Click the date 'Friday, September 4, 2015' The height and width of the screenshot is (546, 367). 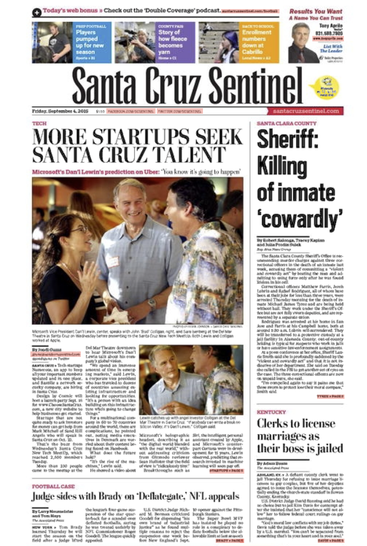(x=61, y=111)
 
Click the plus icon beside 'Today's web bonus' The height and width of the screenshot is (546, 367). (x=36, y=12)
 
